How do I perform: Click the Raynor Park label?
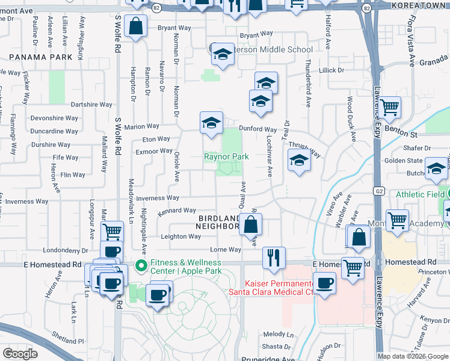tap(226, 156)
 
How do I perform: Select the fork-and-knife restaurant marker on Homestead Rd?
tap(274, 257)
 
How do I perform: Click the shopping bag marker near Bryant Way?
tap(137, 26)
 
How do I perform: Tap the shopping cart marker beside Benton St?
tap(390, 108)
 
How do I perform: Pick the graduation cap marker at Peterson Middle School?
tap(222, 55)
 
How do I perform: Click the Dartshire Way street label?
tap(91, 104)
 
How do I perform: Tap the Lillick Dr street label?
tap(331, 70)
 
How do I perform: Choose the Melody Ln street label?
tap(278, 334)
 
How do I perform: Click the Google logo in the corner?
tap(20, 353)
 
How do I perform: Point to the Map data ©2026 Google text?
tap(412, 356)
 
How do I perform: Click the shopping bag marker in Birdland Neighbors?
tap(250, 225)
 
